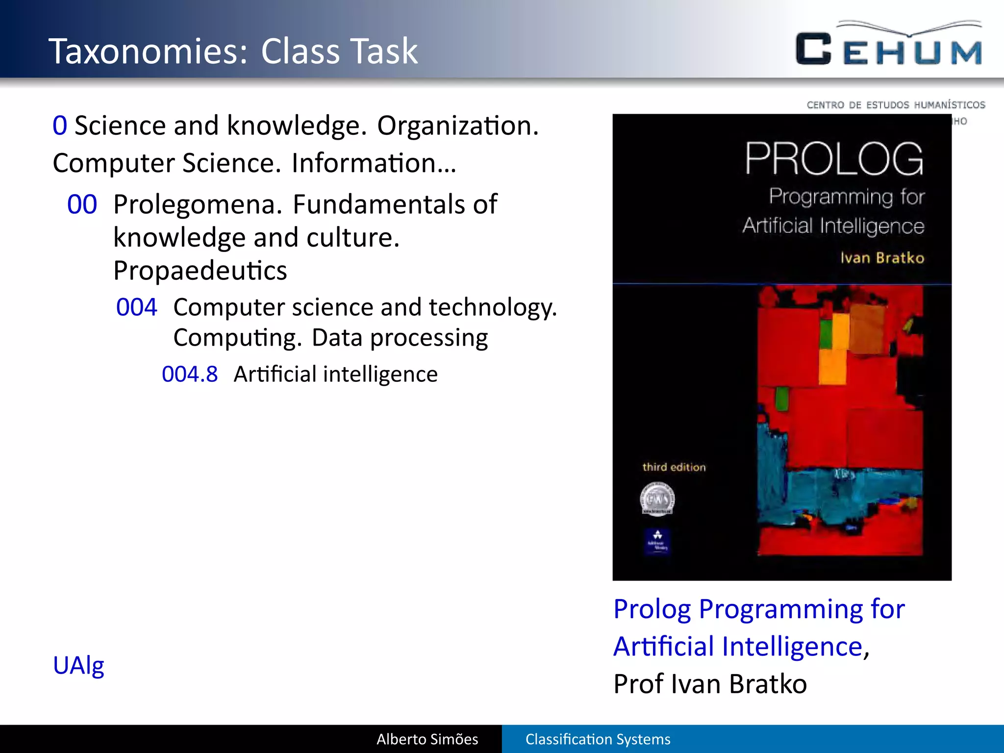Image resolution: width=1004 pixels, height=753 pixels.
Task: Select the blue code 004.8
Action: [x=189, y=375]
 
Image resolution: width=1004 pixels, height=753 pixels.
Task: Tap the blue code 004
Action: [x=136, y=307]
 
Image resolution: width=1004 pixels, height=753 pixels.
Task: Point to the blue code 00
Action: [x=82, y=204]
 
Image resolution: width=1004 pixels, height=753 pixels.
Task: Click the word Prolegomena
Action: [x=198, y=204]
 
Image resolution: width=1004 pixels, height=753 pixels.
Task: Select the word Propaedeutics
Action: [x=200, y=271]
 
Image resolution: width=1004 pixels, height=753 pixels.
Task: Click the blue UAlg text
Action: [x=78, y=666]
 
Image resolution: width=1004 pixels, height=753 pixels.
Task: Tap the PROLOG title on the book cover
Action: [x=833, y=159]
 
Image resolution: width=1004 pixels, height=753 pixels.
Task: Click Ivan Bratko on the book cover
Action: [x=882, y=258]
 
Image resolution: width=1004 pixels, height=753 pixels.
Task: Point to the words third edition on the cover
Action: [x=674, y=467]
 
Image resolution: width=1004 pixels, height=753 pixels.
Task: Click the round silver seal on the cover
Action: [x=657, y=499]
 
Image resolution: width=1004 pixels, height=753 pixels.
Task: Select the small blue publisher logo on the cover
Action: [x=657, y=541]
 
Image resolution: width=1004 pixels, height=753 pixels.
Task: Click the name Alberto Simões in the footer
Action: [x=427, y=739]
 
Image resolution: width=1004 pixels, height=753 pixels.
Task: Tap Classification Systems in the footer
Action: [x=598, y=739]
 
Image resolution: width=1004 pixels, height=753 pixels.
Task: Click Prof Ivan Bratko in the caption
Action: [x=710, y=684]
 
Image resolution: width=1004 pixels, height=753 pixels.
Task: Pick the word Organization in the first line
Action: [x=457, y=126]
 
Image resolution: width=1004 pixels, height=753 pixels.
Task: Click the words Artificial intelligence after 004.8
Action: [x=335, y=375]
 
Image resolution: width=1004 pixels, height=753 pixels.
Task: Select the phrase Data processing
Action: [x=400, y=338]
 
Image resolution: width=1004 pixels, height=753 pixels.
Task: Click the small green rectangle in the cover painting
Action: [x=782, y=398]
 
